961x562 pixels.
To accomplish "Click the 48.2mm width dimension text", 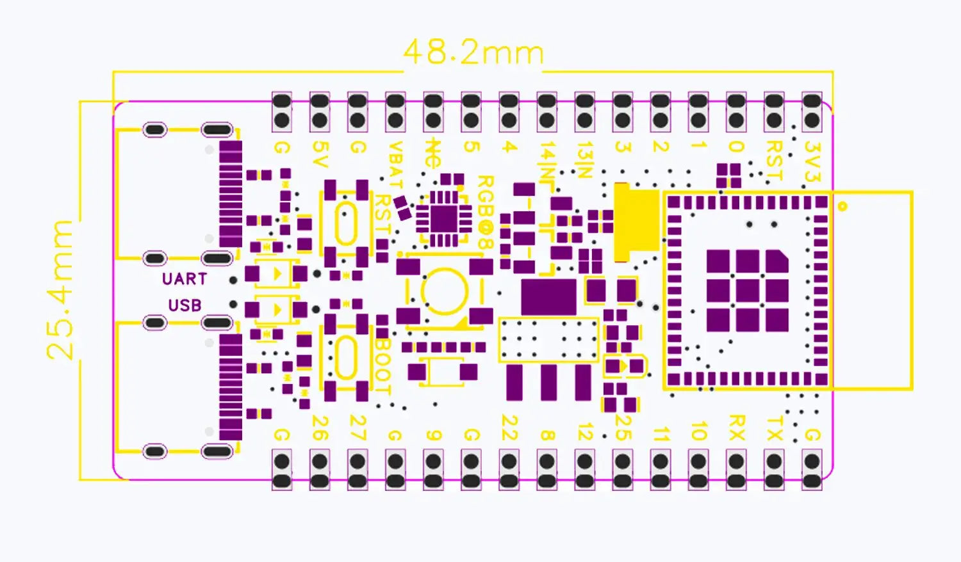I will tap(473, 52).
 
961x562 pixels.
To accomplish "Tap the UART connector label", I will tap(185, 279).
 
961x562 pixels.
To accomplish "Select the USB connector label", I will tap(185, 305).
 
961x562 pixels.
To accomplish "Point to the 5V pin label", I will tap(320, 154).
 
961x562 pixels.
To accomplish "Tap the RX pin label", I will tap(736, 428).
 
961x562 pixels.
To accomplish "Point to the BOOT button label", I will tap(382, 365).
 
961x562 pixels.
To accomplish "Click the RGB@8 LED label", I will tap(485, 212).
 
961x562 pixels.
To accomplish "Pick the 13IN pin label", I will tap(584, 160).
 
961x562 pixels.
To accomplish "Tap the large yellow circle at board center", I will tap(444, 291).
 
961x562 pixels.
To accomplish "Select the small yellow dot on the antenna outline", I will tap(842, 206).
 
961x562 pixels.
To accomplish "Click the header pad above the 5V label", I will tap(320, 110).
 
